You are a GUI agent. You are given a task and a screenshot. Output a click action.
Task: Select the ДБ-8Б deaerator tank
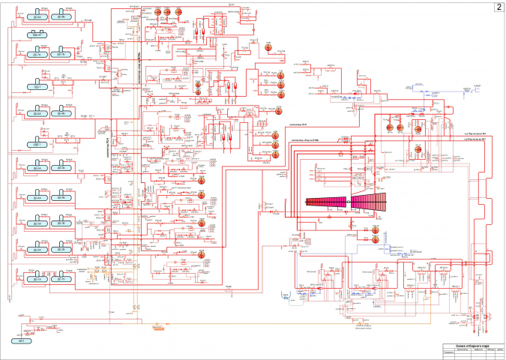tap(61, 16)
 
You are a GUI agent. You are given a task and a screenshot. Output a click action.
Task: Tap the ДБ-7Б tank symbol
tap(61, 55)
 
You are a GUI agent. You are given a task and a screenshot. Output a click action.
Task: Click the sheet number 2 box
tap(497, 7)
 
